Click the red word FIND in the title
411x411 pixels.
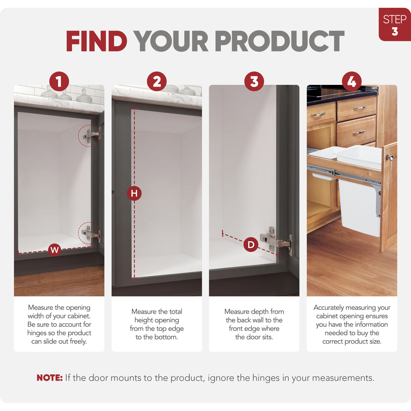(97, 41)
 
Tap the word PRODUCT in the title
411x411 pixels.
(280, 41)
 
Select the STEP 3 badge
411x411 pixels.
(395, 24)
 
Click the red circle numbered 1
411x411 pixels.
(59, 82)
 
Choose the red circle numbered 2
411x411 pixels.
(157, 82)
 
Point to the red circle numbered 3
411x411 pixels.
(254, 82)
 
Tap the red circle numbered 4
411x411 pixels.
(352, 82)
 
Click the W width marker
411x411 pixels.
(54, 250)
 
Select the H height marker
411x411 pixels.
(134, 194)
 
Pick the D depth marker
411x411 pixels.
(251, 245)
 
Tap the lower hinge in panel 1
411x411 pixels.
(92, 234)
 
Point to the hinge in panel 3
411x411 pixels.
(276, 240)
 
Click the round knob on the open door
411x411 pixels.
(390, 158)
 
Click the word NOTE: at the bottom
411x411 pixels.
(50, 378)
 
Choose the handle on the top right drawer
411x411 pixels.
(360, 108)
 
